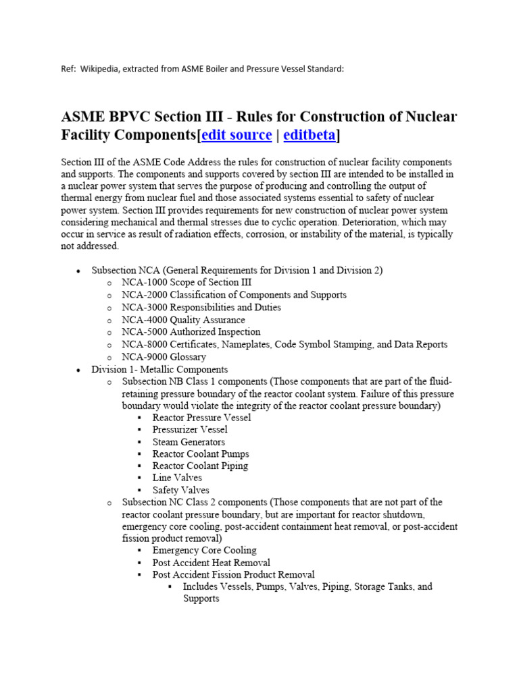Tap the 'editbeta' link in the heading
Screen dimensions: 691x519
[x=310, y=135]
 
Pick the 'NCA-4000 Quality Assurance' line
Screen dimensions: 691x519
[x=183, y=320]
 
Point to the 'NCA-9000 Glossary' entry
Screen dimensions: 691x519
[x=164, y=357]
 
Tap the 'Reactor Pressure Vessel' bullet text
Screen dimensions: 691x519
[x=201, y=418]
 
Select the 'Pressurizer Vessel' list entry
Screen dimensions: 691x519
[x=190, y=430]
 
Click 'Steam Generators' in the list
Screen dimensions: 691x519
[x=189, y=442]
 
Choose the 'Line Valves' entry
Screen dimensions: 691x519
[x=177, y=478]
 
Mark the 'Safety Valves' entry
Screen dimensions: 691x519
[x=180, y=490]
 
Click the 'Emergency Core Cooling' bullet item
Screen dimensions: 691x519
[x=204, y=551]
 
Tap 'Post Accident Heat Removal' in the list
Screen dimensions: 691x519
[x=211, y=563]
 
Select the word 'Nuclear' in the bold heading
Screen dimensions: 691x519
[x=430, y=117]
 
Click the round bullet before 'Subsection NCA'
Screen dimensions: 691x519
[x=79, y=271]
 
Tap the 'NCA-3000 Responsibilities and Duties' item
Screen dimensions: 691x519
[x=201, y=307]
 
